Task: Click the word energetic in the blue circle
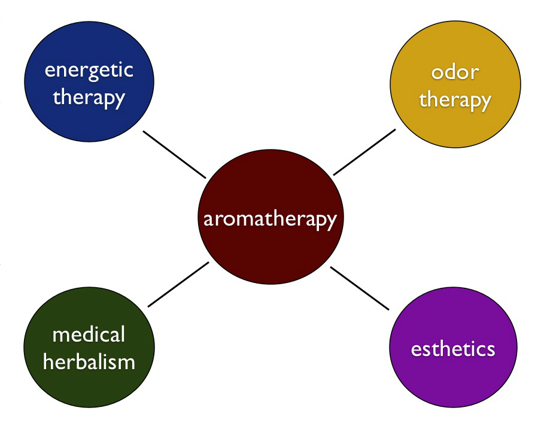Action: (89, 71)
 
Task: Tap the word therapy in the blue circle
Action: (89, 98)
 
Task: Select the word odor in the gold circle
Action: (455, 72)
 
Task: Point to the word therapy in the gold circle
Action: (455, 101)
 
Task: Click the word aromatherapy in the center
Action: (270, 219)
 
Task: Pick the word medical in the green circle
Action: (89, 334)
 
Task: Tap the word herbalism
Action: (89, 362)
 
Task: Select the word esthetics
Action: (453, 349)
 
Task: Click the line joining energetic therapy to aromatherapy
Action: (174, 155)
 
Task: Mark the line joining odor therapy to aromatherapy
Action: (364, 152)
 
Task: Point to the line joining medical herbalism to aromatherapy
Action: (178, 284)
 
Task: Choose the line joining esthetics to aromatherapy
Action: (360, 288)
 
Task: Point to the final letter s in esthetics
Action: (491, 350)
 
